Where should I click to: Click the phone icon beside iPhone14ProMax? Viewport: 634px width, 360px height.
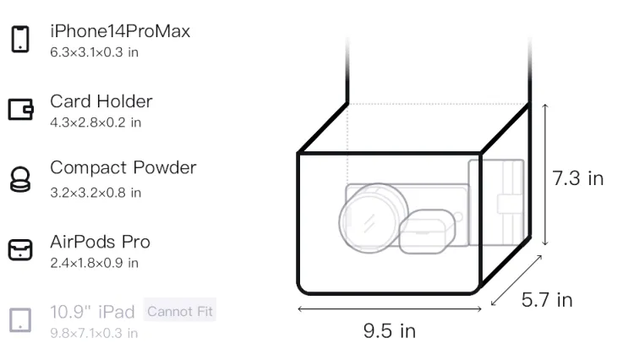click(20, 39)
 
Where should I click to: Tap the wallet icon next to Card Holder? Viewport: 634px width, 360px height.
click(20, 110)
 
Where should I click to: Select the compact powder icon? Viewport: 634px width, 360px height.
click(19, 179)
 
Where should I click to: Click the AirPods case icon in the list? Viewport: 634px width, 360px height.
click(20, 249)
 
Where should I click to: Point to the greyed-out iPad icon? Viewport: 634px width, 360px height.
click(20, 320)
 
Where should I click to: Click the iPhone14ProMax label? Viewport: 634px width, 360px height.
click(120, 31)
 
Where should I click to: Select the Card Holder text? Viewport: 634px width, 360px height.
click(101, 101)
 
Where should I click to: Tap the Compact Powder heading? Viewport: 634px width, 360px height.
click(123, 167)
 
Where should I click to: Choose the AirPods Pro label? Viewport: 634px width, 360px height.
click(101, 242)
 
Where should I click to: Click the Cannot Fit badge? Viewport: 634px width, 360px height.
click(180, 311)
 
